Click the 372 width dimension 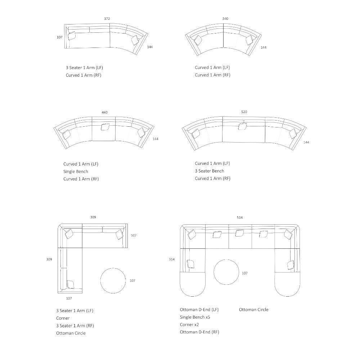[107, 19]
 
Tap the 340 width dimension [225, 19]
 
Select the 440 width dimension [104, 112]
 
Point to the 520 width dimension [244, 112]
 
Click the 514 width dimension [240, 217]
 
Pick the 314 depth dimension [172, 259]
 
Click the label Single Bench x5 [195, 317]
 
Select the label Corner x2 [189, 325]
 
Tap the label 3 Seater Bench [210, 171]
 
